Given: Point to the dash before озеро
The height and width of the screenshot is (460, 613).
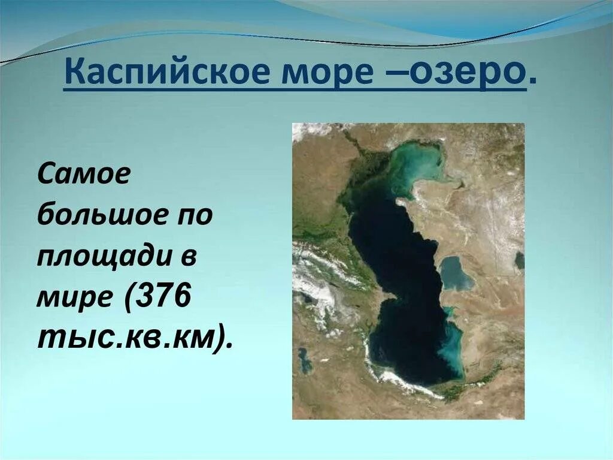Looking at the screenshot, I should pyautogui.click(x=397, y=74).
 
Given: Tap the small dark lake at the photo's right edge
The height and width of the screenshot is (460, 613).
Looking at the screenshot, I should pyautogui.click(x=519, y=260).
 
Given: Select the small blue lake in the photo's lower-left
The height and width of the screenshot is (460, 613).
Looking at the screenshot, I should pyautogui.click(x=305, y=360).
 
